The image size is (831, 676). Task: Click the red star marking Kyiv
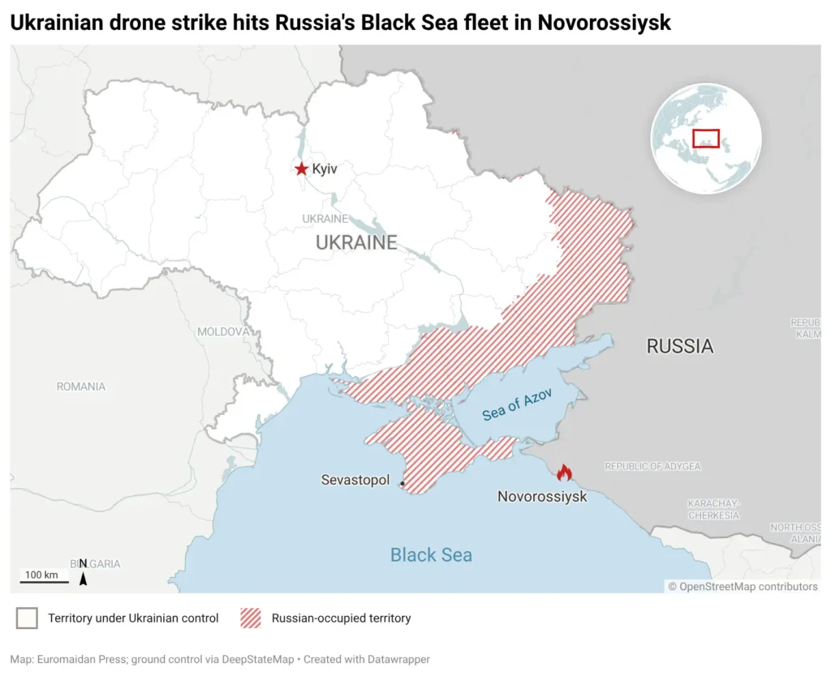point(302,169)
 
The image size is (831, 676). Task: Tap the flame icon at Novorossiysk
point(564,473)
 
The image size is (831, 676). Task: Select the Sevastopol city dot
point(402,484)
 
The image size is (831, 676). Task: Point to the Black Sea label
point(431,555)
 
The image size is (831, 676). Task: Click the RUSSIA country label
point(679,346)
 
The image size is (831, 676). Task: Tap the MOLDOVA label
point(223,332)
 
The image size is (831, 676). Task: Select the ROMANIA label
point(81,387)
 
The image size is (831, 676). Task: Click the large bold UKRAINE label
point(356,242)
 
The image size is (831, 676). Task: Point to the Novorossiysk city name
point(542,497)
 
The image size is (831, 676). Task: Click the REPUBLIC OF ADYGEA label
point(652,466)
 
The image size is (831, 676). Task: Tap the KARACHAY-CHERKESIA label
point(714,509)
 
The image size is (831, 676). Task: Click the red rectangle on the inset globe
point(706,138)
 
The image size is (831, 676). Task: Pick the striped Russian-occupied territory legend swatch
point(251,618)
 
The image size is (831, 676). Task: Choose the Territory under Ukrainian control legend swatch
point(27,618)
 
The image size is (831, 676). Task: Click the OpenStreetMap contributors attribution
point(743,586)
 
